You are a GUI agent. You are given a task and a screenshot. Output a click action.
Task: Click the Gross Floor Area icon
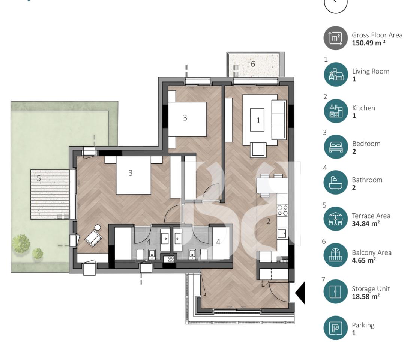coord(335,38)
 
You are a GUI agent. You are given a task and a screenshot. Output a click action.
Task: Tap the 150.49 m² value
coord(368,43)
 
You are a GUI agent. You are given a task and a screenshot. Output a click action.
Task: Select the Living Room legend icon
coord(336,74)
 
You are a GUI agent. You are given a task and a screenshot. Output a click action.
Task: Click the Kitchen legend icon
coord(336,111)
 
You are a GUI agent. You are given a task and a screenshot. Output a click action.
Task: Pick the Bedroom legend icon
coord(336,147)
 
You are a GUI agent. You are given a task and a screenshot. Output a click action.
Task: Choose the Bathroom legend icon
coord(336,183)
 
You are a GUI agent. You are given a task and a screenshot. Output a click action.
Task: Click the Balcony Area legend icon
coord(336,255)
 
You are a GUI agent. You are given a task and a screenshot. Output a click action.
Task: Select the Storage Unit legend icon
coord(336,291)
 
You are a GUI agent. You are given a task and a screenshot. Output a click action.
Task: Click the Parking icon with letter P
coord(336,328)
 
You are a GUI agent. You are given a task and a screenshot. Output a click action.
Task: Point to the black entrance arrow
coord(300,292)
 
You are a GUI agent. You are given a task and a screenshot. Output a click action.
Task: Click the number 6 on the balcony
coord(253,64)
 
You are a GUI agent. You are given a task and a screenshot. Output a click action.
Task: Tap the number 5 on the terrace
coord(39,178)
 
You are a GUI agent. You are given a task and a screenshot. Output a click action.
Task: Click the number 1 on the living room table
coord(258,120)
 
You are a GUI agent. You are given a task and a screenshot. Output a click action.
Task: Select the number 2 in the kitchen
coord(268,221)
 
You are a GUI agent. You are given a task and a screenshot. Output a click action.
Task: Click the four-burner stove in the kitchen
coord(282,210)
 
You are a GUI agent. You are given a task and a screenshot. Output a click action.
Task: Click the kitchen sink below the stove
coord(282,233)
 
